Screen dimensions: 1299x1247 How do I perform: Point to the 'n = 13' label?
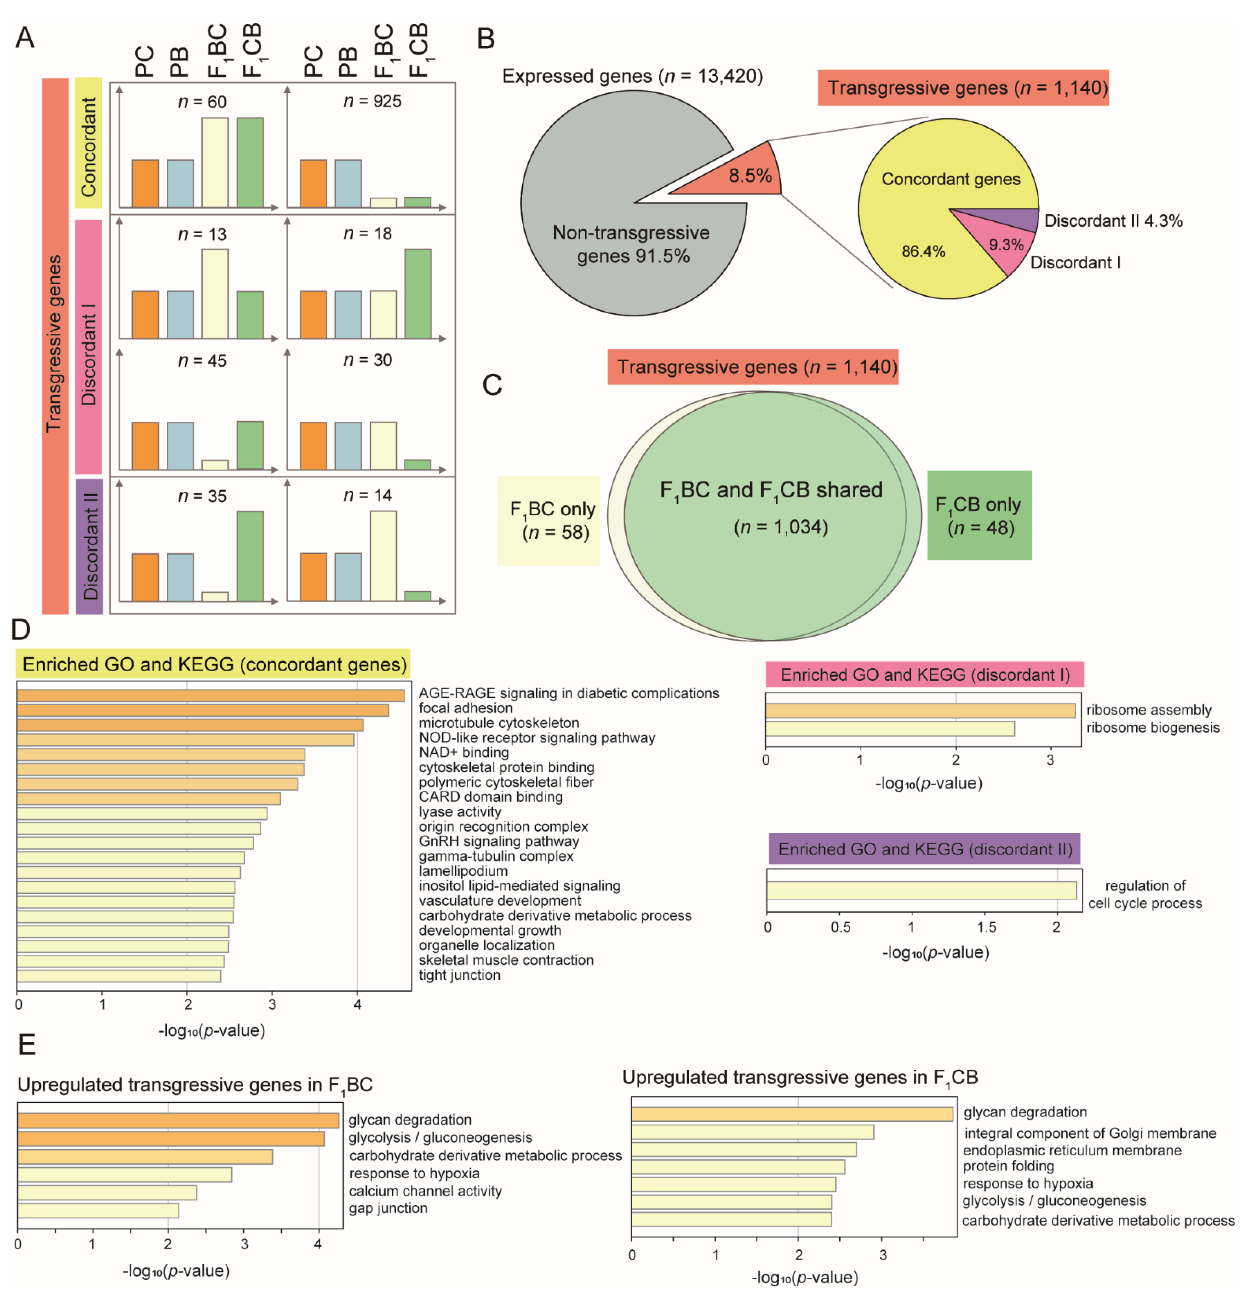click(202, 234)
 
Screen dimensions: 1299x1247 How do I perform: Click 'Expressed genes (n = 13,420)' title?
click(632, 76)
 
